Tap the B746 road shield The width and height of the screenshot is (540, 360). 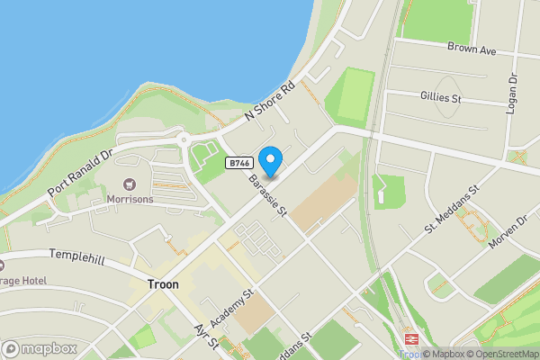pyautogui.click(x=238, y=163)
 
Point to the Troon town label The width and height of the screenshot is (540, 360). pyautogui.click(x=162, y=284)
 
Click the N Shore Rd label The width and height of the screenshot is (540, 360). pyautogui.click(x=270, y=105)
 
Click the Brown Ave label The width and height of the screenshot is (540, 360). pyautogui.click(x=472, y=49)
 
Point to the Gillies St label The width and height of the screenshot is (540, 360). pyautogui.click(x=440, y=96)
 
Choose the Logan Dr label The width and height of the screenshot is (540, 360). pyautogui.click(x=514, y=93)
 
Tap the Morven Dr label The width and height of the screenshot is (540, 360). pyautogui.click(x=507, y=234)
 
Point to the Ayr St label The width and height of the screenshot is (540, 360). pyautogui.click(x=207, y=337)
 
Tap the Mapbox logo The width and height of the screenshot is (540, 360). pyautogui.click(x=39, y=348)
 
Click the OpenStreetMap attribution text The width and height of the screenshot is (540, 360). pyautogui.click(x=502, y=354)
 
